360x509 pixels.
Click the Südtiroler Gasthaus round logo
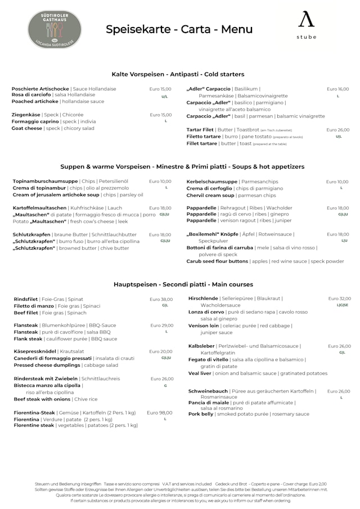click(x=54, y=29)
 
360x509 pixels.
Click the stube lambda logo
click(x=307, y=25)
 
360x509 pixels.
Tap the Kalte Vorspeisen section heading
click(x=178, y=74)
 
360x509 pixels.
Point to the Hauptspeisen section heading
click(x=183, y=285)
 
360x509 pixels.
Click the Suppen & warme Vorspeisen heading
click(x=182, y=167)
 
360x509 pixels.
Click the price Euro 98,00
click(x=160, y=412)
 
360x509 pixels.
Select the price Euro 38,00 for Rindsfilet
click(x=161, y=299)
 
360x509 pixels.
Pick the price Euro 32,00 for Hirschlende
click(x=339, y=299)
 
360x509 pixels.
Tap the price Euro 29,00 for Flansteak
click(x=162, y=326)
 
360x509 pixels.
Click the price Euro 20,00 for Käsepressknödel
click(x=161, y=352)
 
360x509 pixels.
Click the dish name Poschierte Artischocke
click(x=40, y=89)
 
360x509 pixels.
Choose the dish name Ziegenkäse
click(x=26, y=115)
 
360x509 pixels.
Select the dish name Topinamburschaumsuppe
click(x=46, y=182)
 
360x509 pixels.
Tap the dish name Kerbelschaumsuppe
click(x=212, y=182)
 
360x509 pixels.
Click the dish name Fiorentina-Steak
click(x=34, y=413)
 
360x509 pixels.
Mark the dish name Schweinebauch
click(x=208, y=391)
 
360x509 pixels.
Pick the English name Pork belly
click(x=201, y=414)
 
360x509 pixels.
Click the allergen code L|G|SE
click(x=343, y=305)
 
